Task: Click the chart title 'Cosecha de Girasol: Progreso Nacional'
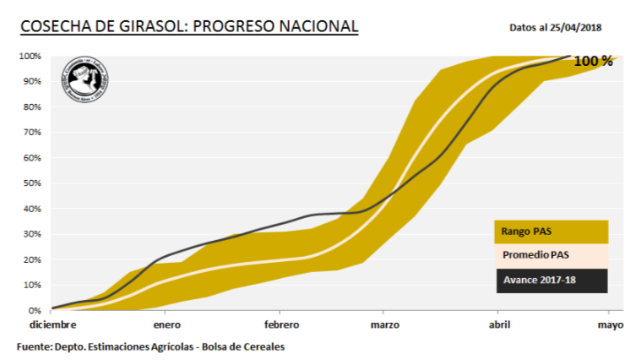pyautogui.click(x=188, y=27)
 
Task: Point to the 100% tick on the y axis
pyautogui.click(x=30, y=56)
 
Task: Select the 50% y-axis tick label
pyautogui.click(x=32, y=183)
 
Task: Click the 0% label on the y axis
pyautogui.click(x=35, y=310)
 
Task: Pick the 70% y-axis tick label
pyautogui.click(x=32, y=133)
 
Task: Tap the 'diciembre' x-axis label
pyautogui.click(x=52, y=325)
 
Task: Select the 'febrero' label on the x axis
pyautogui.click(x=281, y=325)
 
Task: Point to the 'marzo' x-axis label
pyautogui.click(x=384, y=325)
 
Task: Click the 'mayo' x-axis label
pyautogui.click(x=610, y=325)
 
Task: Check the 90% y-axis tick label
pyautogui.click(x=32, y=81)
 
